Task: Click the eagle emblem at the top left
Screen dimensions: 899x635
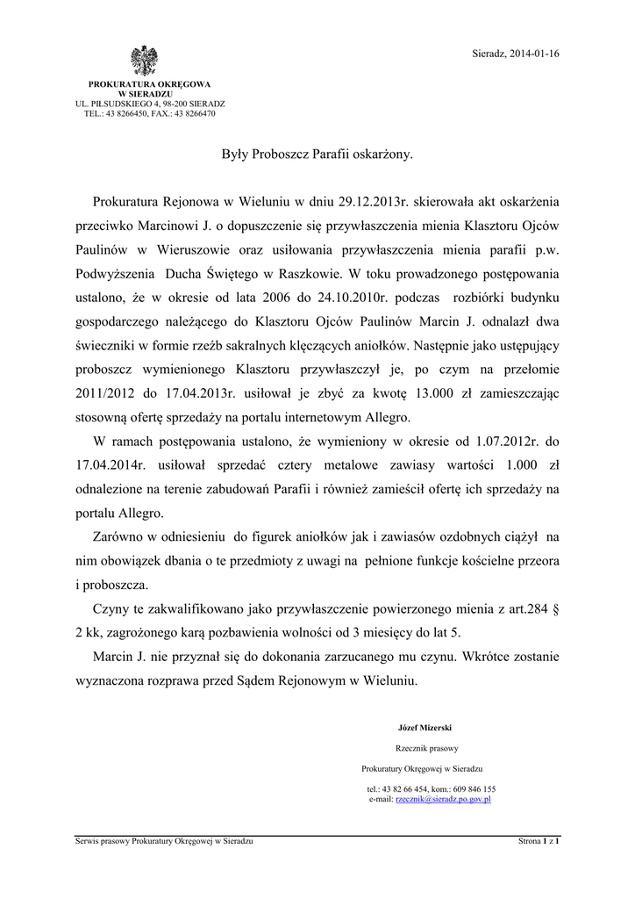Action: coord(145,62)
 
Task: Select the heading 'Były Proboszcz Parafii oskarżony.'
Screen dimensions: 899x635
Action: coord(317,155)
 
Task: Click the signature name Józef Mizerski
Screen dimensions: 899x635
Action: coord(423,727)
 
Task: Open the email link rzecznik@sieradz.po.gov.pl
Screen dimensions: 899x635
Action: coord(442,799)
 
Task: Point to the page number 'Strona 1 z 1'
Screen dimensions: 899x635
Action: coord(539,841)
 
